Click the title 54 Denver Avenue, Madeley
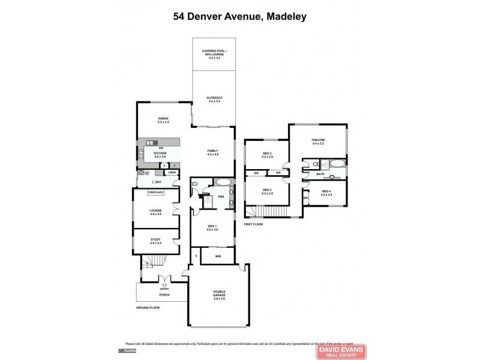pos(240,17)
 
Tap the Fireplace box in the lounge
pos(157,192)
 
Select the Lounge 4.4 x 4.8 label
pos(157,212)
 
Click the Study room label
pos(156,241)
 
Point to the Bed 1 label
pos(212,227)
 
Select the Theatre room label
pos(318,142)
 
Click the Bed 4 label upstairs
pos(326,193)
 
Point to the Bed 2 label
pos(267,155)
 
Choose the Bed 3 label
pos(267,191)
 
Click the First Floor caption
pos(253,224)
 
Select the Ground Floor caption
pos(147,307)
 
